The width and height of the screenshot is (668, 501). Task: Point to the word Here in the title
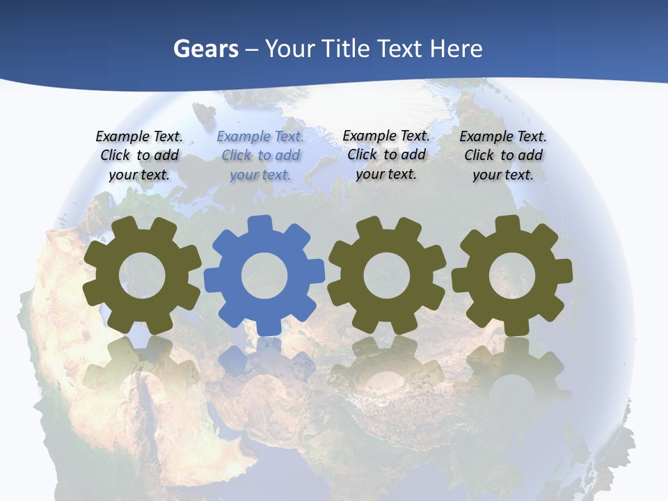point(456,49)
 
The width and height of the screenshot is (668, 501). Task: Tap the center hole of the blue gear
point(264,276)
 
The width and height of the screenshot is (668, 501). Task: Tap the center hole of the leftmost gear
point(143,276)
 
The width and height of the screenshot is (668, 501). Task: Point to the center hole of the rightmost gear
point(512,275)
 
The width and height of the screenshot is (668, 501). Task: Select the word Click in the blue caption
point(236,155)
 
